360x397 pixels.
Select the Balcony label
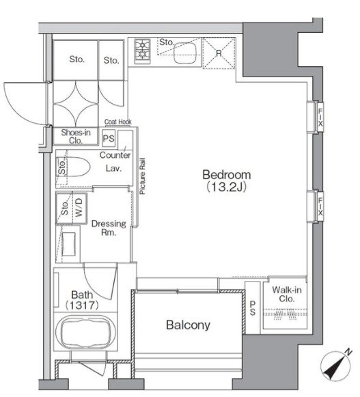(188, 325)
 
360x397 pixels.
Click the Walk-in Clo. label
(287, 294)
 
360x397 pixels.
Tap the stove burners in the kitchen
(143, 50)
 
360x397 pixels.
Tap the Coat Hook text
(117, 122)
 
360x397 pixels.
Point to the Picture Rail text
(142, 178)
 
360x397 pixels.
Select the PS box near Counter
(107, 139)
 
